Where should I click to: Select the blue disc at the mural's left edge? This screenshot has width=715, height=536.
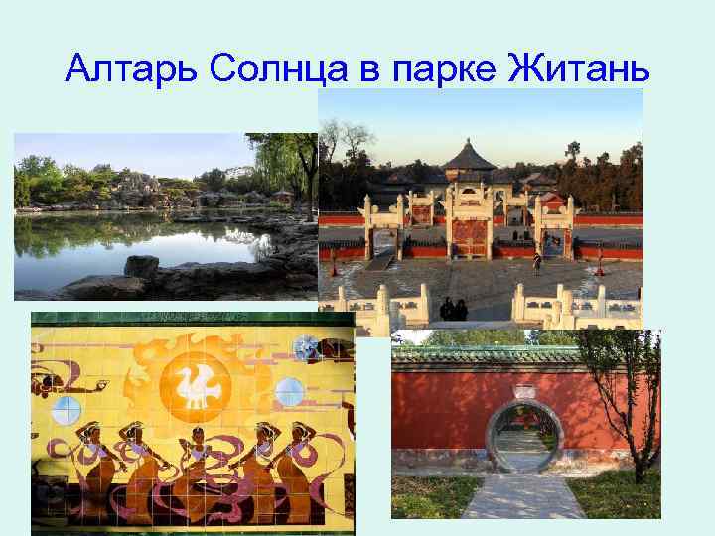(x=66, y=409)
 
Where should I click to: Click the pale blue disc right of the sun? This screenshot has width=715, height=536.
(x=289, y=392)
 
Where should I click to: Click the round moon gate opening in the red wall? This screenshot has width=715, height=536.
(x=524, y=438)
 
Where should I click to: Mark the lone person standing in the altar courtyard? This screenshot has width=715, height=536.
(x=537, y=265)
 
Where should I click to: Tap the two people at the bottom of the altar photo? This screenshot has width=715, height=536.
(x=454, y=309)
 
